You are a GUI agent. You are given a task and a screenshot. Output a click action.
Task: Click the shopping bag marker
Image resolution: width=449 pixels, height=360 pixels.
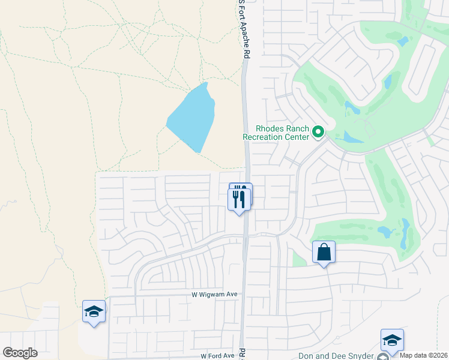(x=324, y=253)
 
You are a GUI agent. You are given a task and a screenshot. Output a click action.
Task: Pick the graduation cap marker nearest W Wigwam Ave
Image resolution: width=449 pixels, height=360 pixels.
(x=94, y=311)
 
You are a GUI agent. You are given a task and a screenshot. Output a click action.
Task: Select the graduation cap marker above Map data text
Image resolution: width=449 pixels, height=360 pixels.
(x=392, y=340)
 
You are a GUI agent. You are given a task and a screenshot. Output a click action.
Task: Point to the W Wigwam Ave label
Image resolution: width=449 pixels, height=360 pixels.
(x=214, y=295)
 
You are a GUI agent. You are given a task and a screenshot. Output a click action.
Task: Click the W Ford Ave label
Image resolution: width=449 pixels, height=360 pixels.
(x=217, y=356)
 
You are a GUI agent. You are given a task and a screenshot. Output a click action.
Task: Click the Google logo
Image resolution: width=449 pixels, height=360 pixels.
(x=20, y=353)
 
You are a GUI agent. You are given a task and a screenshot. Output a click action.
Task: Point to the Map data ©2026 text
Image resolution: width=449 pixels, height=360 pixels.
(x=423, y=355)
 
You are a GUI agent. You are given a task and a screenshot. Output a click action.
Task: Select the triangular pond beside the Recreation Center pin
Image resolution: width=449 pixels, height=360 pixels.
(x=351, y=137)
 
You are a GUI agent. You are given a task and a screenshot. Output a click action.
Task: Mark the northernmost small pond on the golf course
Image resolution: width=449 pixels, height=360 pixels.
(x=403, y=41)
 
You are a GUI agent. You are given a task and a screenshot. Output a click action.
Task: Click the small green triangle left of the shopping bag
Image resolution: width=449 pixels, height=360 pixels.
(x=298, y=259)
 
